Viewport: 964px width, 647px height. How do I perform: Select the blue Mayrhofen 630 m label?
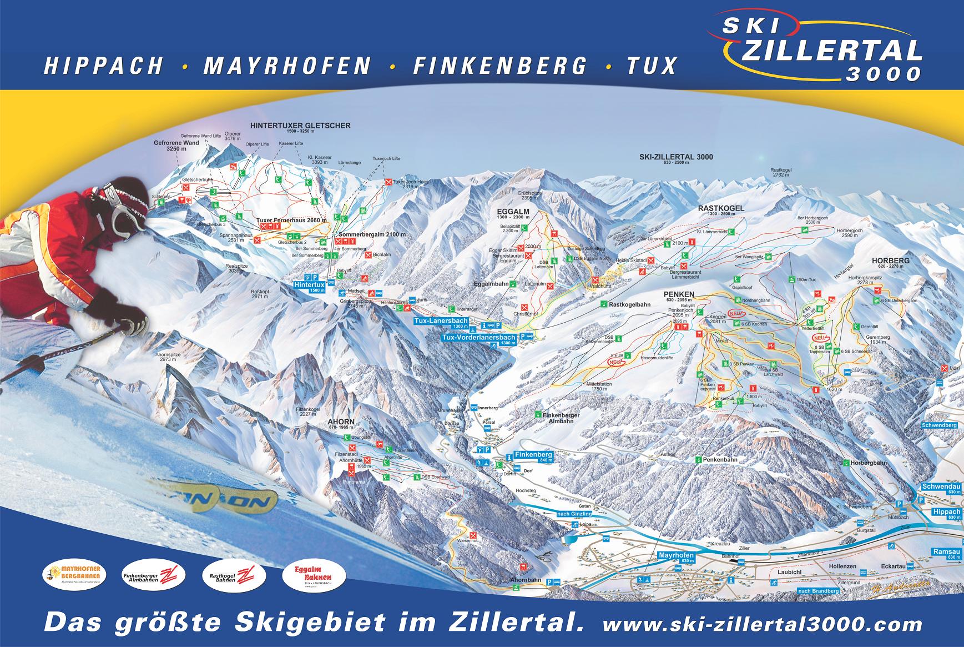(676, 556)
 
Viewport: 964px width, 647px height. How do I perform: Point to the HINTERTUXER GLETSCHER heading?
(300, 126)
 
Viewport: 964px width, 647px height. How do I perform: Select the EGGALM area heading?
(513, 212)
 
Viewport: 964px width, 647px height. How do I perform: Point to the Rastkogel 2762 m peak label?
(780, 173)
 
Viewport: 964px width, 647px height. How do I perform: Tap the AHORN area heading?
(341, 422)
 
